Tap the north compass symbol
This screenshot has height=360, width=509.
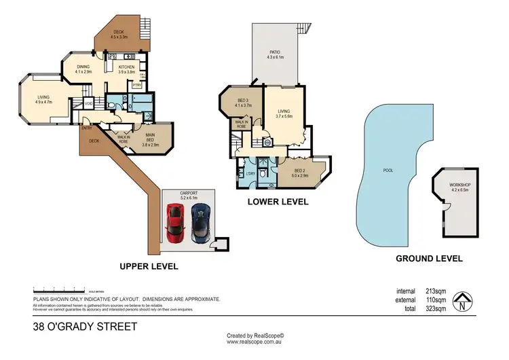(464, 301)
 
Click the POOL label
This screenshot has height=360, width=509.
(388, 170)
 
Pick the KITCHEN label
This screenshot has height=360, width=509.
(127, 67)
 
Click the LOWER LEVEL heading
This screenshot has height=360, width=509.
(278, 202)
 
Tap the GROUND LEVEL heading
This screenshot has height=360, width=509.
(429, 259)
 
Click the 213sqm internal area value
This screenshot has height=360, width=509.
(435, 291)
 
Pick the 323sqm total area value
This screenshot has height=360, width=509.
(435, 308)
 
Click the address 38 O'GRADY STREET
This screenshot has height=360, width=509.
(85, 327)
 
